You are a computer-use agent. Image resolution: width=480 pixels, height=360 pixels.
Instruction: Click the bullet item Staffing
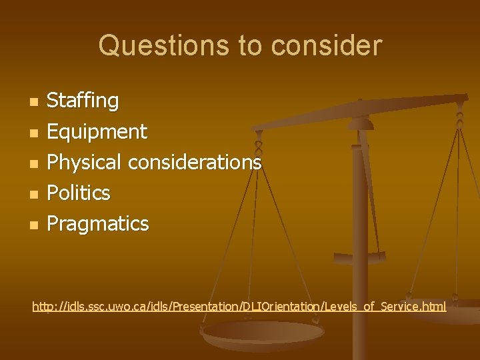(83, 101)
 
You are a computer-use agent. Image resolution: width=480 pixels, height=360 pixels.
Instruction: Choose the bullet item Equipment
(97, 131)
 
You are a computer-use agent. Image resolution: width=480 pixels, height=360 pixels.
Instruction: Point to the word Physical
(85, 162)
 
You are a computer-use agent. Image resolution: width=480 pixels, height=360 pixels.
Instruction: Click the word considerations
(195, 162)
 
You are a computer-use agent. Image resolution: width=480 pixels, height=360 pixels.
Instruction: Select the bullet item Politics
(78, 193)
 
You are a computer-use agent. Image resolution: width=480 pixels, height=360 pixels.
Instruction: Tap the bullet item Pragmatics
(97, 223)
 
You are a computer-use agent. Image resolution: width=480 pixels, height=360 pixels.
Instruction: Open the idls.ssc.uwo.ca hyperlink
(239, 307)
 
